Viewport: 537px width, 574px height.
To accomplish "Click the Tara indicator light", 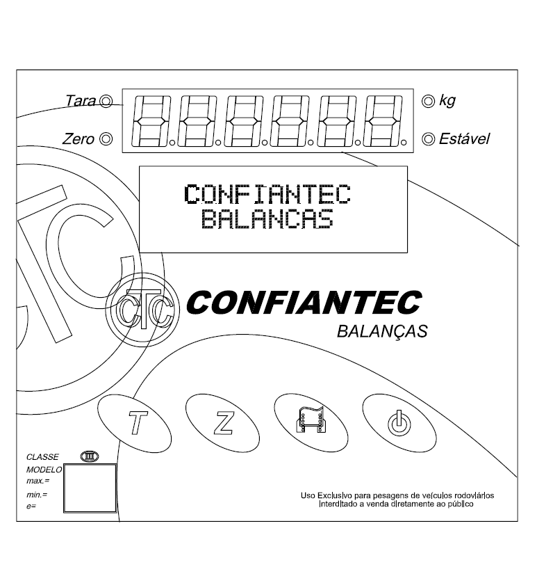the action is click(x=106, y=101).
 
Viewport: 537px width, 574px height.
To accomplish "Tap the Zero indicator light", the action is click(x=106, y=139).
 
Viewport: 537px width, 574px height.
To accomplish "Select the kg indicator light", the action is click(x=428, y=101).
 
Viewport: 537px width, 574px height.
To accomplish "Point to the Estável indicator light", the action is click(x=428, y=139).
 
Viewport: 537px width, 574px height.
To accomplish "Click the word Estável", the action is click(x=464, y=139).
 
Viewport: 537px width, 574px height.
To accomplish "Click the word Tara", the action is click(x=81, y=101).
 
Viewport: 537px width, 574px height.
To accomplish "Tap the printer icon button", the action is click(x=311, y=423).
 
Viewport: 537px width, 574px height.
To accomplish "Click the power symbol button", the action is click(x=399, y=423).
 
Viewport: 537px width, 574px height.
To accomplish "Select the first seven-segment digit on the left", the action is click(x=151, y=121).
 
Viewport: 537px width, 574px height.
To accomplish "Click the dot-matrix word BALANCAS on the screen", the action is click(x=267, y=219).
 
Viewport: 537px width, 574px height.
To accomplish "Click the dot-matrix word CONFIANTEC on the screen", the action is click(x=267, y=194).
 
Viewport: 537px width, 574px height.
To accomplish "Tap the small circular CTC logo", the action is click(x=142, y=310).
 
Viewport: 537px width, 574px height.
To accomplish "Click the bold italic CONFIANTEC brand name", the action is click(x=304, y=303).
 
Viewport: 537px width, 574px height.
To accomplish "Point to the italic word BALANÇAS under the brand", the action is click(x=382, y=331).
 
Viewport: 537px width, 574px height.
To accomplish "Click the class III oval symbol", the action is click(x=90, y=456).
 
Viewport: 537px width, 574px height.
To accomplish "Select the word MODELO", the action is click(x=44, y=470).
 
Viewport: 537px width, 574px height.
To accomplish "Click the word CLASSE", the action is click(x=42, y=457).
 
